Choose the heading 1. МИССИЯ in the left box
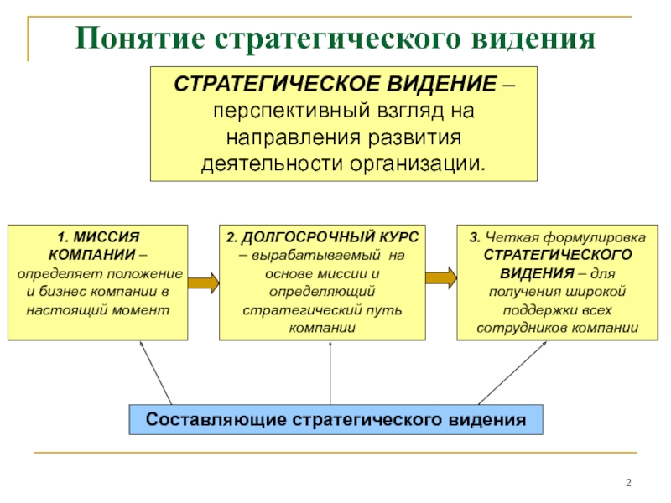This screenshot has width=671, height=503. (97, 238)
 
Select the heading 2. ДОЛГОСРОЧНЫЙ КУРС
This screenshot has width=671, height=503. (322, 238)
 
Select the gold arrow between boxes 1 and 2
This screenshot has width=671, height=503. (203, 282)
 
